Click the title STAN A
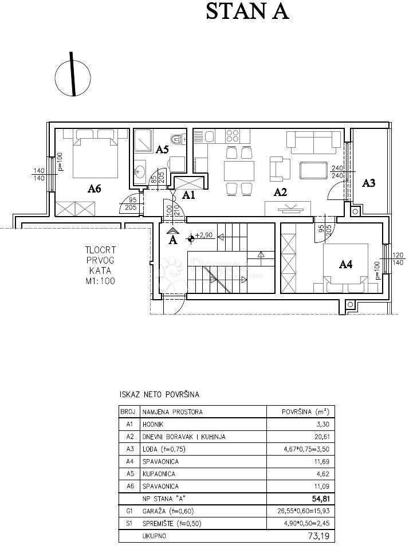click(247, 11)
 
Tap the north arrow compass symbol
click(73, 74)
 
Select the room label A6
click(95, 188)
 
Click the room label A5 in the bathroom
click(162, 150)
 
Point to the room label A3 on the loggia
click(369, 183)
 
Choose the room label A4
click(345, 264)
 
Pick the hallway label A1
click(188, 195)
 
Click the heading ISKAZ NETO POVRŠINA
click(159, 395)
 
